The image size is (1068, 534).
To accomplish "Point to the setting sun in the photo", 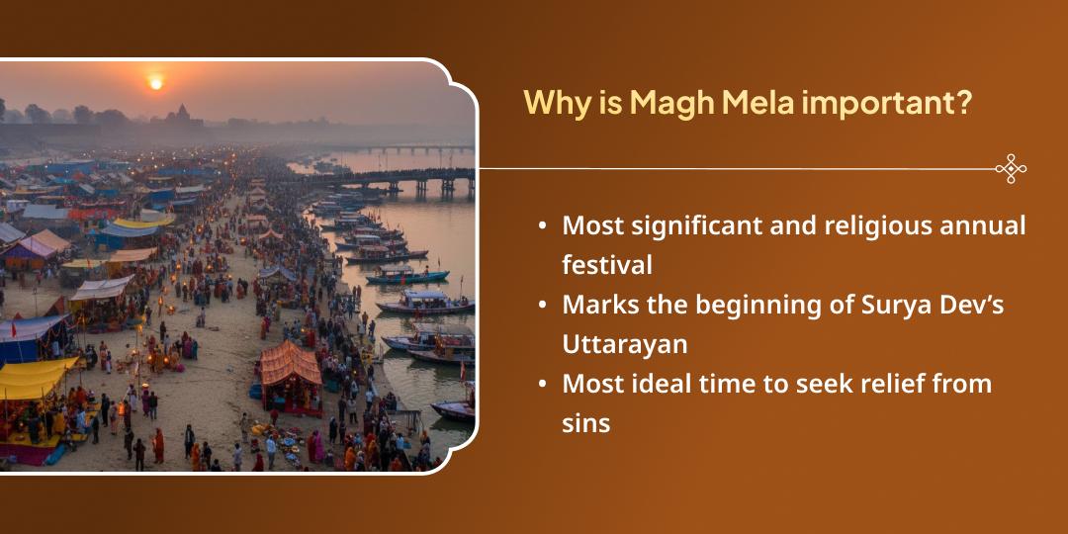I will click(155, 84).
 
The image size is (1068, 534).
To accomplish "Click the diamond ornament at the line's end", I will click(1010, 169).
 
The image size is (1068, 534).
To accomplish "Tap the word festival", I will click(607, 266).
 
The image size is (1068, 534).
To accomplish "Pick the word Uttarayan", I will click(625, 345).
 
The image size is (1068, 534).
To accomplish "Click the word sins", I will click(585, 424).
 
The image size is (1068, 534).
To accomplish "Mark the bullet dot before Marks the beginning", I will click(542, 306).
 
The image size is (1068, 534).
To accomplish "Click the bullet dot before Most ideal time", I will click(542, 385).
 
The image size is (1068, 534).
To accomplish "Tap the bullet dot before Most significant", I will click(542, 226).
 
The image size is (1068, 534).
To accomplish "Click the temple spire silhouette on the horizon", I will click(182, 114).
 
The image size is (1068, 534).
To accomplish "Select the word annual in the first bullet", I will click(978, 225).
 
